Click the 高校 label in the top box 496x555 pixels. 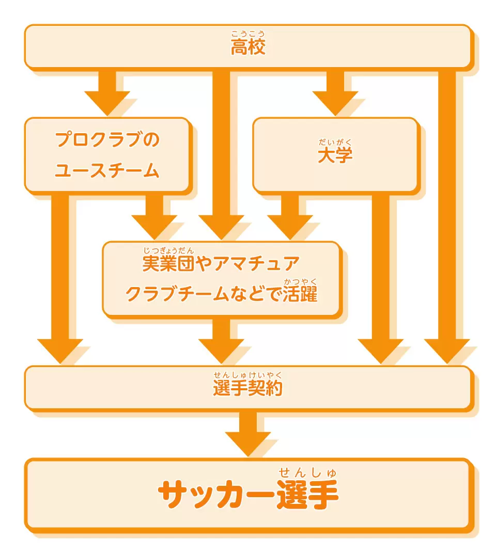pyautogui.click(x=248, y=47)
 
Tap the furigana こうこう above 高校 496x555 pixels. pyautogui.click(x=248, y=34)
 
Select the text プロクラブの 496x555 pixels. pyautogui.click(x=107, y=139)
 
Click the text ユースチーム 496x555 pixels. pyautogui.click(x=107, y=170)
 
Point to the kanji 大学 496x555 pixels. pyautogui.click(x=335, y=155)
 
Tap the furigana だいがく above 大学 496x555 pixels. pyautogui.click(x=335, y=142)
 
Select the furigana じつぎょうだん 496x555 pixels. pyautogui.click(x=168, y=250)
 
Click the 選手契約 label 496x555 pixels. pyautogui.click(x=248, y=388)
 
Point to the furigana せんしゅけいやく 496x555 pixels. pyautogui.click(x=248, y=375)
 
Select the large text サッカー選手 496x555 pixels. pyautogui.click(x=249, y=494)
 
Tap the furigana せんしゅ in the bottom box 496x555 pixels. pyautogui.click(x=307, y=472)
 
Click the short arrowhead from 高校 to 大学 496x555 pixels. pyautogui.click(x=335, y=103)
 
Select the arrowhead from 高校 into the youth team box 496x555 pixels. pyautogui.click(x=107, y=103)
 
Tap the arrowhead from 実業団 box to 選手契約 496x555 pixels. pyautogui.click(x=221, y=351)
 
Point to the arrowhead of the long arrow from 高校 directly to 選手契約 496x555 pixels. pyautogui.click(x=447, y=351)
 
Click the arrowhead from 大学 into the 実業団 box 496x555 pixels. pyautogui.click(x=290, y=227)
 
